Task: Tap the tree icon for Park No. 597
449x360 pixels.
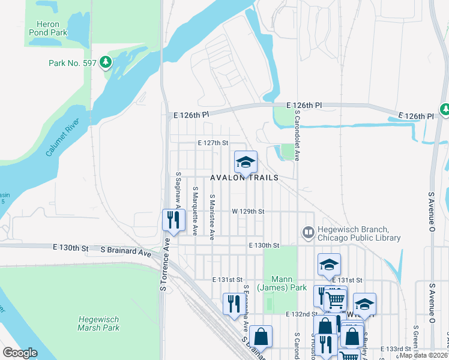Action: pyautogui.click(x=106, y=62)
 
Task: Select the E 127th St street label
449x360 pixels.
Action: pyautogui.click(x=213, y=143)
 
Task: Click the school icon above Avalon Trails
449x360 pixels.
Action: pyautogui.click(x=245, y=162)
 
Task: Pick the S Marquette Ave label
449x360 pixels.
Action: pyautogui.click(x=195, y=210)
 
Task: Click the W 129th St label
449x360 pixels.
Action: pyautogui.click(x=248, y=212)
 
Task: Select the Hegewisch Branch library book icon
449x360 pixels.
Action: pyautogui.click(x=309, y=232)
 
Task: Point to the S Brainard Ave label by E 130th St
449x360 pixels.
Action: pyautogui.click(x=126, y=251)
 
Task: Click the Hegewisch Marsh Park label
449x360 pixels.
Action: pyautogui.click(x=98, y=323)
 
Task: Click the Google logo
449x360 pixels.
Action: pyautogui.click(x=20, y=352)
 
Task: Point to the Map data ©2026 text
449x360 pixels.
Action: pyautogui.click(x=424, y=355)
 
